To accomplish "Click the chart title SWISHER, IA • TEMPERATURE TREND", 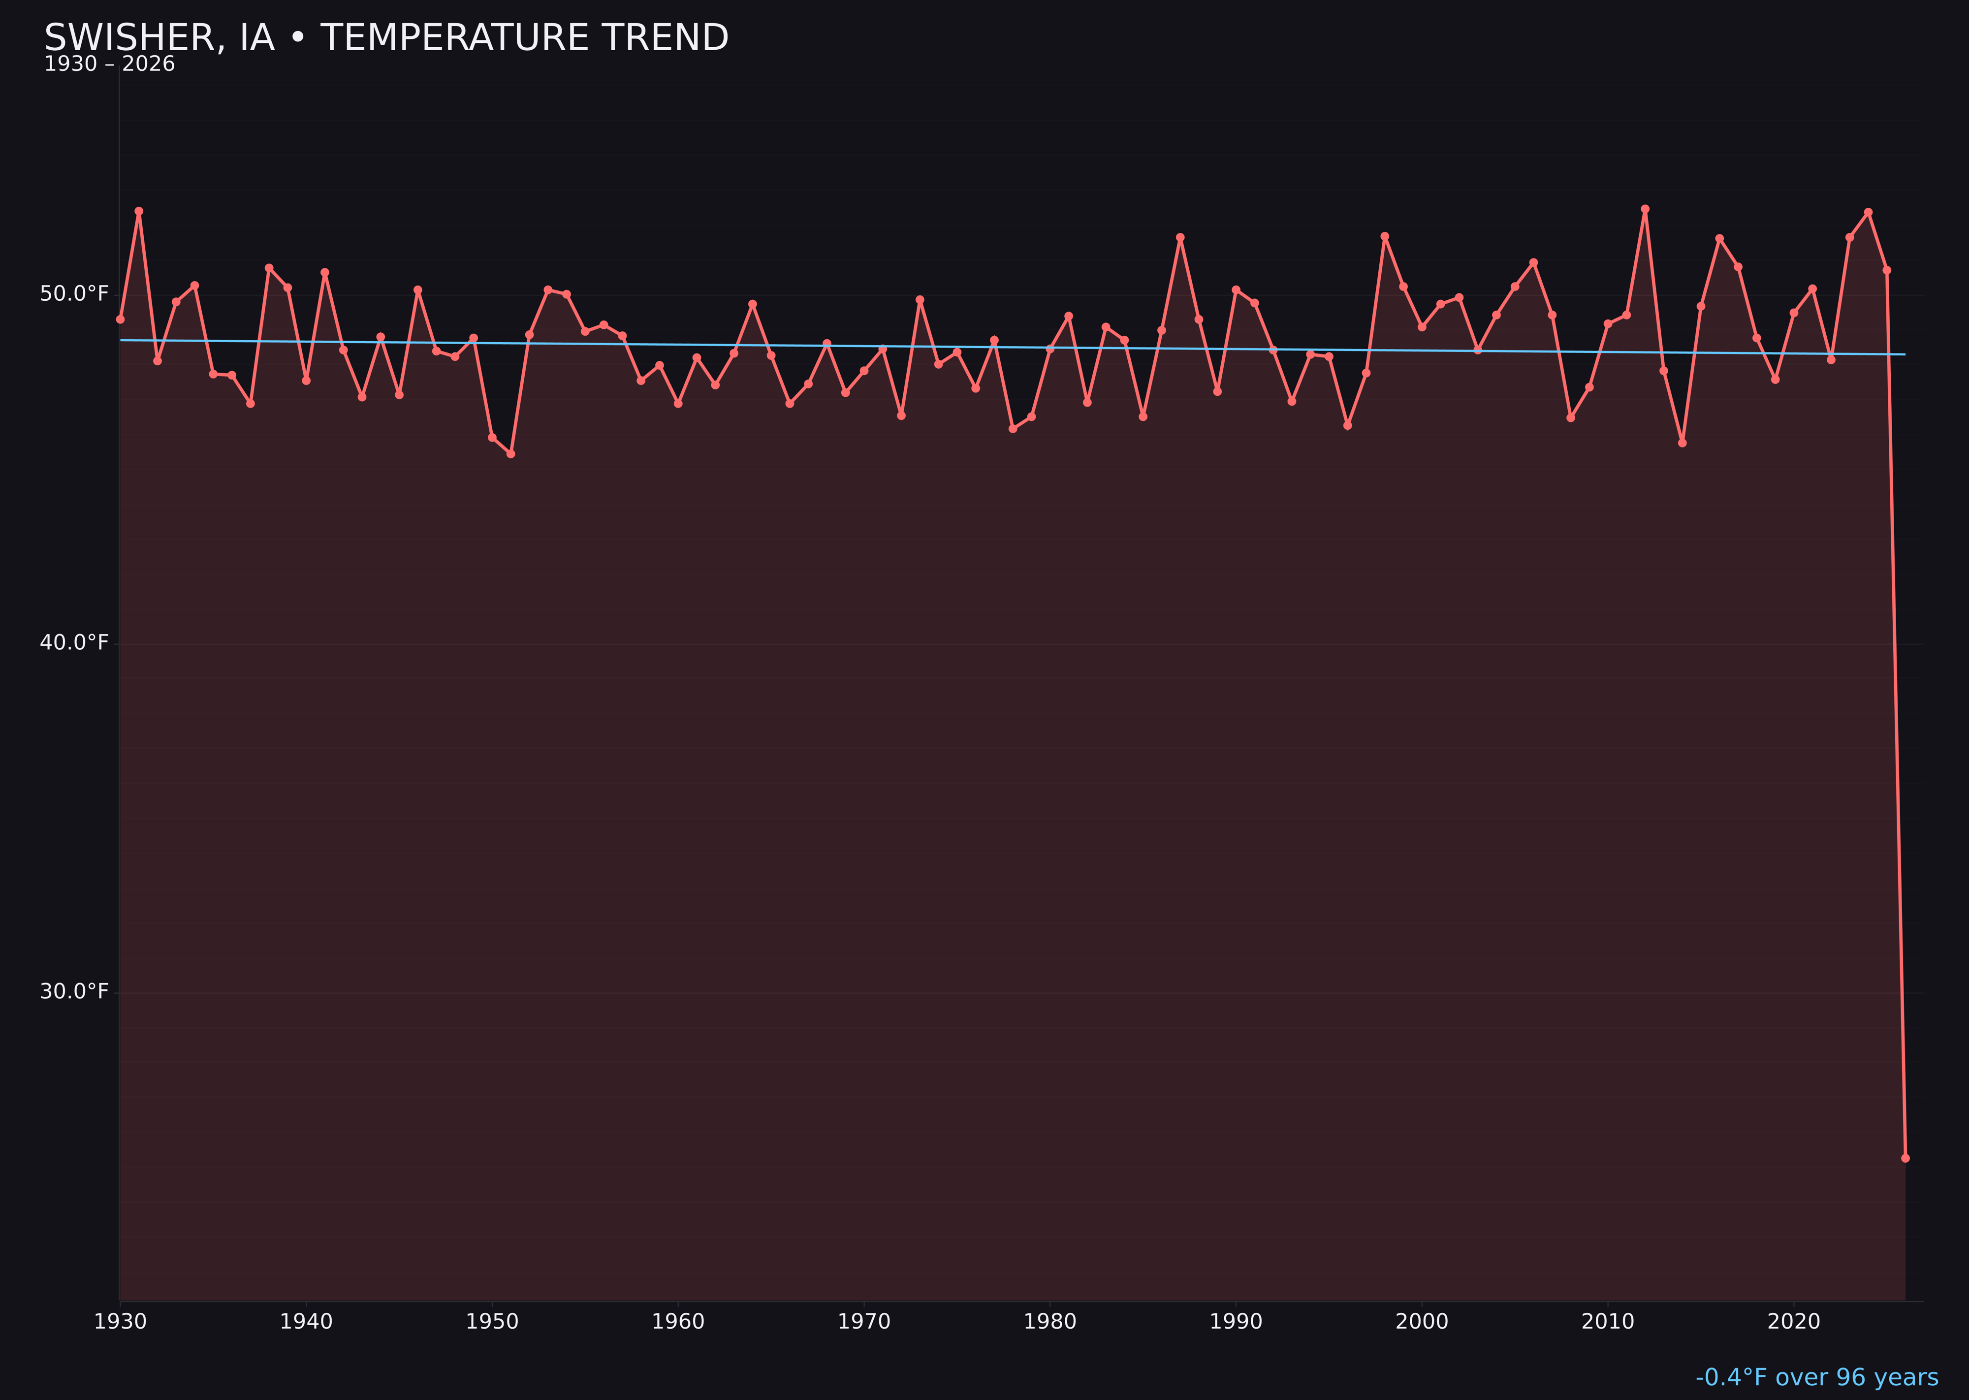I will (x=386, y=38).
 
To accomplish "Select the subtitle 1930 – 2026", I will (x=109, y=64).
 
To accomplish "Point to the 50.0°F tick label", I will (x=74, y=294).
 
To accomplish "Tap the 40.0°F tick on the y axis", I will (x=74, y=643).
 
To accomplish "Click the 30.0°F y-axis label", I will (x=74, y=991).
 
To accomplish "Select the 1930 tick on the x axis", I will (x=121, y=1322).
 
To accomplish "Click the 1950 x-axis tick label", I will (x=492, y=1322).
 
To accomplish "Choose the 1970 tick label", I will (x=864, y=1322).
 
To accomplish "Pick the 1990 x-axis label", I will (x=1236, y=1322).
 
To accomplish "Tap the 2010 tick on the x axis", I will (x=1608, y=1322).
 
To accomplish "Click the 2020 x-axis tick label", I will (x=1794, y=1322).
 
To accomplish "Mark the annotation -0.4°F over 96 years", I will (x=1816, y=1377).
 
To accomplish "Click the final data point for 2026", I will (x=1905, y=1158).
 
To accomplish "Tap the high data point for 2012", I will (x=1645, y=209).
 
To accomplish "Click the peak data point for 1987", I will (x=1180, y=237).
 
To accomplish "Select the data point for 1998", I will (x=1385, y=236).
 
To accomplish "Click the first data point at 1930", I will (x=121, y=319).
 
